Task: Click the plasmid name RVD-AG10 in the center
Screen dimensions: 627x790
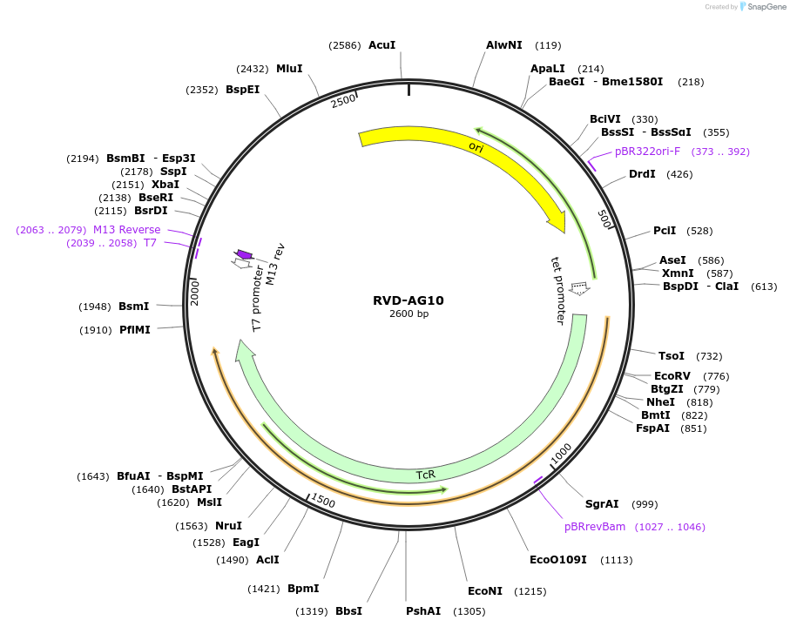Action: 409,300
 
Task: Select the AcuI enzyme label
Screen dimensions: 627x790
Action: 381,44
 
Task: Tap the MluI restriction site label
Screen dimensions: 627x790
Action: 289,68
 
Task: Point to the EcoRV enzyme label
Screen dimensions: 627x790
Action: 672,375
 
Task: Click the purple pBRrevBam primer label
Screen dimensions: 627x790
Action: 595,527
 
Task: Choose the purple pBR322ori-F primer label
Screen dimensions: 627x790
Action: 647,152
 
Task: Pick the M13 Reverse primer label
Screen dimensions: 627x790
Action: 127,230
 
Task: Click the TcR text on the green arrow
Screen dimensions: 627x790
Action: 425,475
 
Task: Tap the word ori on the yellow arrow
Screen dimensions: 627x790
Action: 476,147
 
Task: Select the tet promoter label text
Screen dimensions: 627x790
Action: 560,290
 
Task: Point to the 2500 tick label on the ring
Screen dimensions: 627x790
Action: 344,100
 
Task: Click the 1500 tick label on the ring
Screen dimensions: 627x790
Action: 322,501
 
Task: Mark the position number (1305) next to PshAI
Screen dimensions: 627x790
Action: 469,611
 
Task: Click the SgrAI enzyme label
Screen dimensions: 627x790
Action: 602,504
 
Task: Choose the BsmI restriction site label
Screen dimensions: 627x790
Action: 134,306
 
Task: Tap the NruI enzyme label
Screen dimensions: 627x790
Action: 229,525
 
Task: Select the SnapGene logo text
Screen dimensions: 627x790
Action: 764,7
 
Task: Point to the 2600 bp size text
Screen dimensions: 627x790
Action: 409,314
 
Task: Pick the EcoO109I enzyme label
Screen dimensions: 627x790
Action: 558,559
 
